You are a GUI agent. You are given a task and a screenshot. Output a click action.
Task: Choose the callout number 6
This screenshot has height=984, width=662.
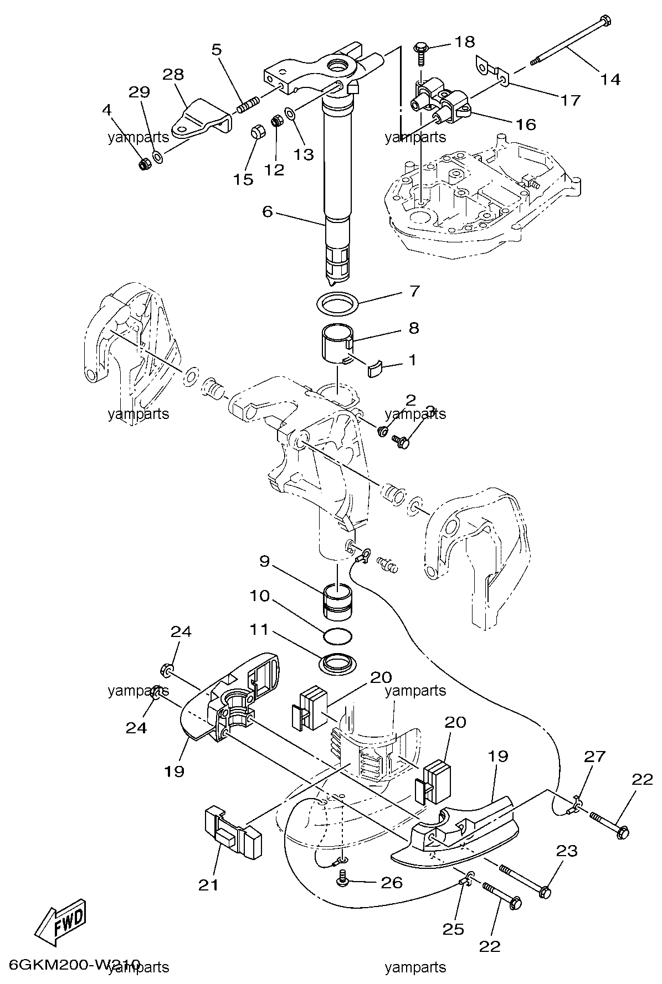click(x=268, y=211)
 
